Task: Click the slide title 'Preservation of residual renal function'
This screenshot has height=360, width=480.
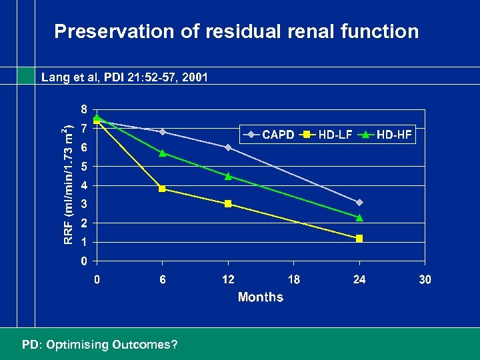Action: (x=237, y=31)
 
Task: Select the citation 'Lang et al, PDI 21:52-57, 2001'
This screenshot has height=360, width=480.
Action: (x=125, y=77)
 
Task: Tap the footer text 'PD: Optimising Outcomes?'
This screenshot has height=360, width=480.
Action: (x=100, y=345)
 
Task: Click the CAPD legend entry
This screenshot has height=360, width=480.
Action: (x=270, y=135)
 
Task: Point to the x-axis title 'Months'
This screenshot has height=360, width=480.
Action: (x=260, y=297)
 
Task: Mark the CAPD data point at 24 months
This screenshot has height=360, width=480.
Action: (x=359, y=202)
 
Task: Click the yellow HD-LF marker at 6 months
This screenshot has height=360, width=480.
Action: (x=162, y=189)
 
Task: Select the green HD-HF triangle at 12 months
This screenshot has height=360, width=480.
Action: (x=228, y=176)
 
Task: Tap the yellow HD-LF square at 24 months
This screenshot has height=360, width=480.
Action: (x=359, y=238)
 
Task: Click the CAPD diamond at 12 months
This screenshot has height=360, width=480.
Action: (x=228, y=147)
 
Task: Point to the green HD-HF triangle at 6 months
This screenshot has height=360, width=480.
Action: (x=162, y=153)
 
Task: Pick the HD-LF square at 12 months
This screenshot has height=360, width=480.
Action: (x=228, y=204)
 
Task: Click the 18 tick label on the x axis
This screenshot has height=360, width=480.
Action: (x=293, y=279)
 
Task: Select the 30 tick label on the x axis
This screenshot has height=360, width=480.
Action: (x=425, y=279)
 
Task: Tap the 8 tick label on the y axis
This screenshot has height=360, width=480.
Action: (x=84, y=109)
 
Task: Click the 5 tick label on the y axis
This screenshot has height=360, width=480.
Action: (x=84, y=166)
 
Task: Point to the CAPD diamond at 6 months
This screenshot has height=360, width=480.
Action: (x=162, y=132)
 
